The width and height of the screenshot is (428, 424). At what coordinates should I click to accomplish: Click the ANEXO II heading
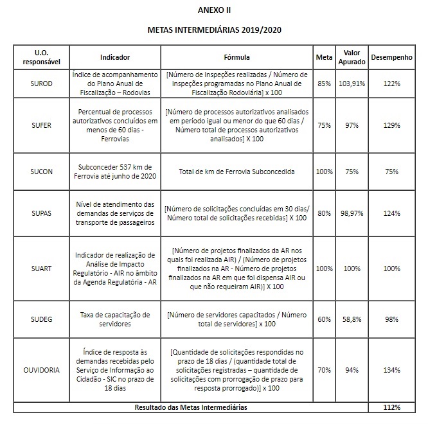pos(215,11)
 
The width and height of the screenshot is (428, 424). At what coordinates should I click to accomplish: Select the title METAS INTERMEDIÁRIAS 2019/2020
pos(215,30)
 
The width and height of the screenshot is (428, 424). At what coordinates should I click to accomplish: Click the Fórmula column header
pos(236,57)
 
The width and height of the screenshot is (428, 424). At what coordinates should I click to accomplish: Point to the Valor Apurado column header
pos(351,57)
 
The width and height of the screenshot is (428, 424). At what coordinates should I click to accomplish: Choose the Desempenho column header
pos(393,57)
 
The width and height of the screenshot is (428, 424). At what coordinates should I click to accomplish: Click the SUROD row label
pos(40,84)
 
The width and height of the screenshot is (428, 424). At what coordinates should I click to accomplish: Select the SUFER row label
pos(40,125)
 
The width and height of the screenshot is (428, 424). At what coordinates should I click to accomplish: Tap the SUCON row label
pos(40,172)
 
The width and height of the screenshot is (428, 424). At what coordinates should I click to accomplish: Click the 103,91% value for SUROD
pos(351,84)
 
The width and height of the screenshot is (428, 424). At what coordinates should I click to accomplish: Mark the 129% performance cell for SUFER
pos(393,125)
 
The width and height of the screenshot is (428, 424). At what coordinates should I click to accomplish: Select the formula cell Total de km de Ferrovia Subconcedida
pos(236,172)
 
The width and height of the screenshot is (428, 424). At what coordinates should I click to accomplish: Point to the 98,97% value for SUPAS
pos(351,213)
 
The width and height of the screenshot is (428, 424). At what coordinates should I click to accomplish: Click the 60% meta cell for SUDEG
pos(324,319)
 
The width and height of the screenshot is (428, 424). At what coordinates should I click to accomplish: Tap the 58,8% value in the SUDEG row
pos(351,319)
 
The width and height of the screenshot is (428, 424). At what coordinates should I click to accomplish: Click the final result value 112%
pos(393,407)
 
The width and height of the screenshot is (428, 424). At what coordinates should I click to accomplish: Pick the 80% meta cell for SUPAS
pos(324,213)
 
